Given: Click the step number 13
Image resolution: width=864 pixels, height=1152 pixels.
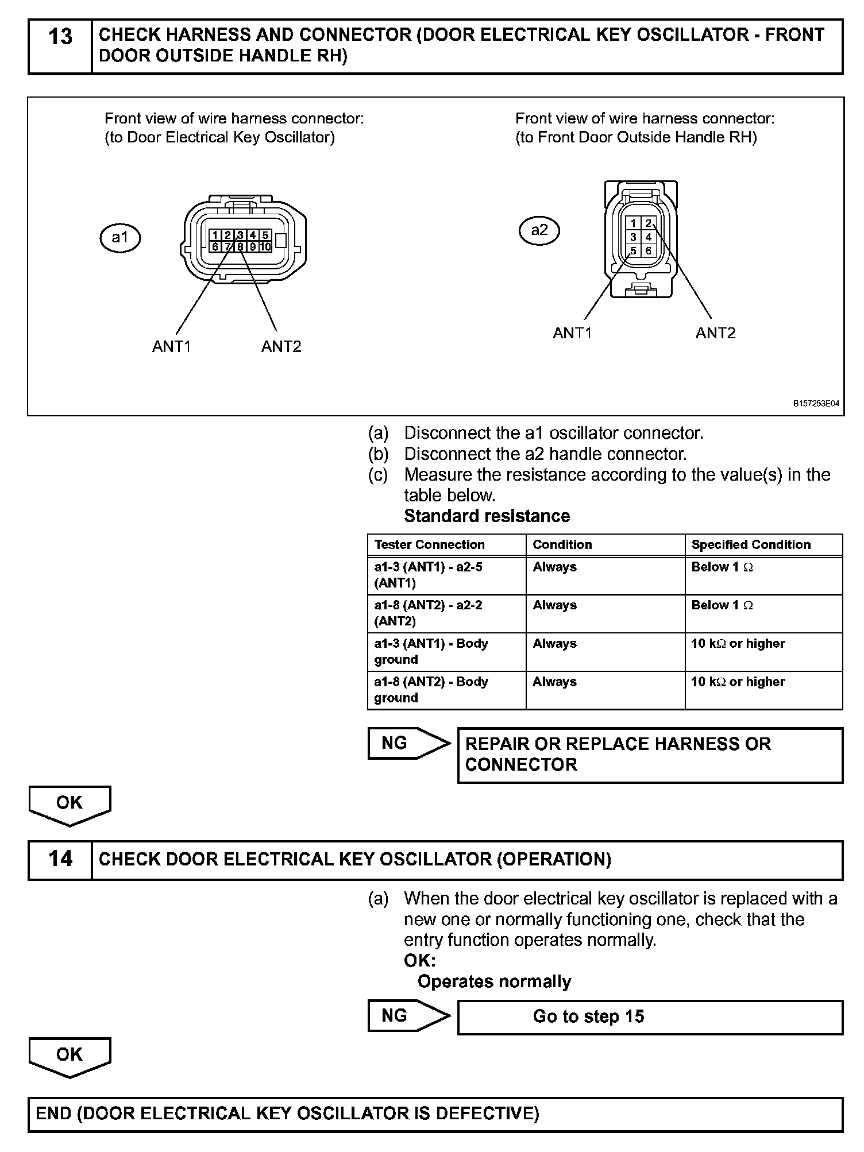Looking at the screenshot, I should click(60, 37).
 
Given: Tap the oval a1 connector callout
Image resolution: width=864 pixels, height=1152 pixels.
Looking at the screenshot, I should click(119, 238).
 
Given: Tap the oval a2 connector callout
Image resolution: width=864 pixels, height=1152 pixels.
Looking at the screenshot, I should click(539, 230).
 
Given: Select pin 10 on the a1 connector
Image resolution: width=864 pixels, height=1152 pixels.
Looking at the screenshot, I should click(265, 247).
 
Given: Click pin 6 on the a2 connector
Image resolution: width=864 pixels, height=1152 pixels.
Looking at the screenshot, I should click(649, 251).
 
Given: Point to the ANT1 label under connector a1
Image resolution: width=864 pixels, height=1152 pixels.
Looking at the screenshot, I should click(171, 346).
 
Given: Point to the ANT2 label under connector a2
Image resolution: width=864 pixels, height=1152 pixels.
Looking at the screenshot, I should click(715, 333).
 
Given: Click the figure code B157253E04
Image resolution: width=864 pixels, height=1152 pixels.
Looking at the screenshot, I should click(816, 404).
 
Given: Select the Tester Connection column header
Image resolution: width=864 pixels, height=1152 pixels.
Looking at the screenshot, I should click(430, 544).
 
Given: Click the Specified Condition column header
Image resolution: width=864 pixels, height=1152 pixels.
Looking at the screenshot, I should click(751, 544).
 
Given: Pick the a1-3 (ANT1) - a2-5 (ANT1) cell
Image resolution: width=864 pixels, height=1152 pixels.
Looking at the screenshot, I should click(429, 575).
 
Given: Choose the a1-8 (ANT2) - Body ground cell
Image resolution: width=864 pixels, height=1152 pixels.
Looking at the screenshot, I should click(431, 690).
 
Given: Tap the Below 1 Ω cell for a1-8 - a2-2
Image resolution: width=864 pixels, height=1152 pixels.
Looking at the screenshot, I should click(722, 605).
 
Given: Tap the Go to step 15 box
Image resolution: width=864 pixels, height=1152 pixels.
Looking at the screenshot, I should click(650, 1017).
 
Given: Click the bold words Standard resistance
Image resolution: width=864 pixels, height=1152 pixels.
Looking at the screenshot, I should click(487, 516).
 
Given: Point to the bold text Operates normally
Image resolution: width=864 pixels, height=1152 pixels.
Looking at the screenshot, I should click(494, 981).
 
